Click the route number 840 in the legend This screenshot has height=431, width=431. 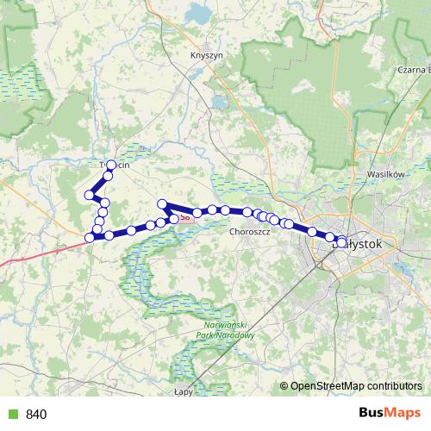pyautogui.click(x=36, y=415)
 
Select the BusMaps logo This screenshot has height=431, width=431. pyautogui.click(x=390, y=414)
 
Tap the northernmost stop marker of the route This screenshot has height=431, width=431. pyautogui.click(x=111, y=165)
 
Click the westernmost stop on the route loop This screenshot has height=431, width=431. pyautogui.click(x=88, y=196)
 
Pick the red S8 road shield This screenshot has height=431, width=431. pyautogui.click(x=184, y=219)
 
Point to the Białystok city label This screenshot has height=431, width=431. pyautogui.click(x=362, y=245)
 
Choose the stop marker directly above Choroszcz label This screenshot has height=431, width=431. pyautogui.click(x=247, y=212)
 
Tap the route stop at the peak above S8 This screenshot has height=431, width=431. pyautogui.click(x=162, y=203)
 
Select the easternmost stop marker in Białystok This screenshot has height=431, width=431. pyautogui.click(x=343, y=242)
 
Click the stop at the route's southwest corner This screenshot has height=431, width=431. pyautogui.click(x=90, y=236)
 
